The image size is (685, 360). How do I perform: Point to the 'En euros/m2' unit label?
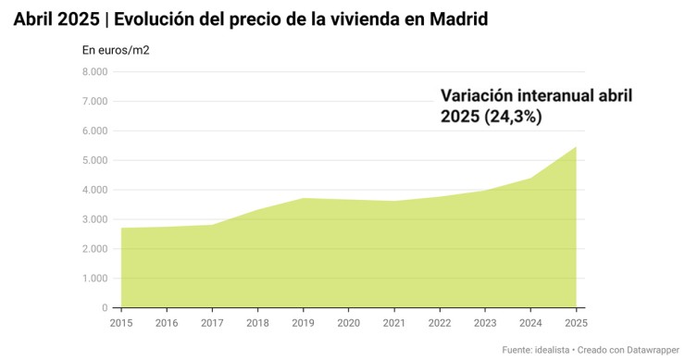116,50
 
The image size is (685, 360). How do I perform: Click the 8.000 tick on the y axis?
95,71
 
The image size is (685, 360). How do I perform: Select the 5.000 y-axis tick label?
95,160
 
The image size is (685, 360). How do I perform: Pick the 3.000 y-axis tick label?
95,219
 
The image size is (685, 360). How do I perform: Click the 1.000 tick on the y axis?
95,279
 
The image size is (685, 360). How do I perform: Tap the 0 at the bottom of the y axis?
106,308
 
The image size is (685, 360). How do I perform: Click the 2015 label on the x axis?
121,322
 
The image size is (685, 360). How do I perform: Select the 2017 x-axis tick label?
212,322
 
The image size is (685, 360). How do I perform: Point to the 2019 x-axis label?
303,322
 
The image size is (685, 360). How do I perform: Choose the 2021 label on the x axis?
394,322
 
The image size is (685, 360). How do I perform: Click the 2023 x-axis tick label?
485,322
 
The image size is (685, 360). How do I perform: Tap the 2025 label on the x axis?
575,322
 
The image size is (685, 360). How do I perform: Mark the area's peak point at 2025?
576,146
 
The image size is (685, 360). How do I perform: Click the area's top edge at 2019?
303,198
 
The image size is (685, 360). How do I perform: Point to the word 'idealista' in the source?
553,350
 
